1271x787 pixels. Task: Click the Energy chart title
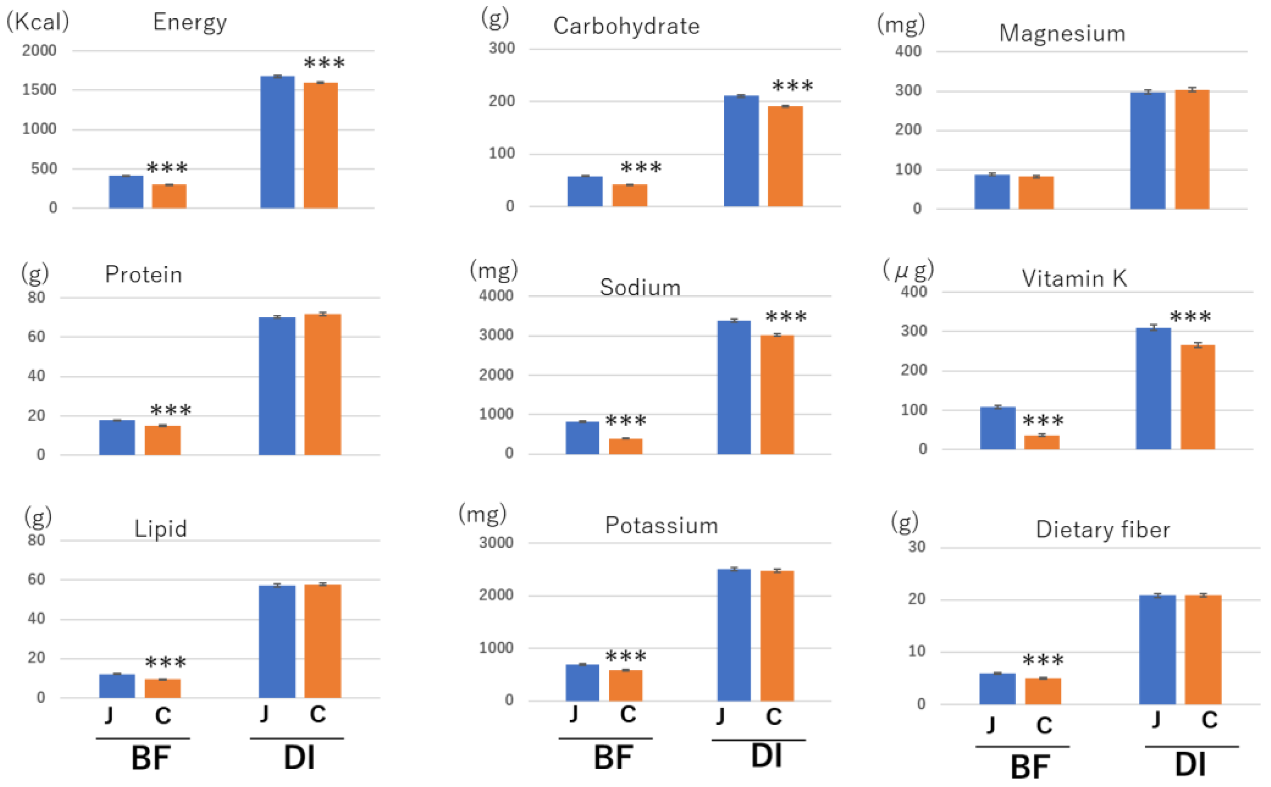[x=190, y=22]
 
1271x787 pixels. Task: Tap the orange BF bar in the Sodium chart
[x=625, y=446]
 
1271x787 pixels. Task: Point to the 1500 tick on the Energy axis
[x=39, y=89]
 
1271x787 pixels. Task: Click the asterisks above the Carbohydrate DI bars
[x=792, y=86]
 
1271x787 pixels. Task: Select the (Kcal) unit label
[x=37, y=22]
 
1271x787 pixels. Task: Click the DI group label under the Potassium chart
[x=766, y=756]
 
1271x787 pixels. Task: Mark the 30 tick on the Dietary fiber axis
[x=917, y=547]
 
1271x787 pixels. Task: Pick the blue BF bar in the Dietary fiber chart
[x=997, y=688]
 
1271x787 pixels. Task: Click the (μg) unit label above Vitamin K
[x=908, y=270]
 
